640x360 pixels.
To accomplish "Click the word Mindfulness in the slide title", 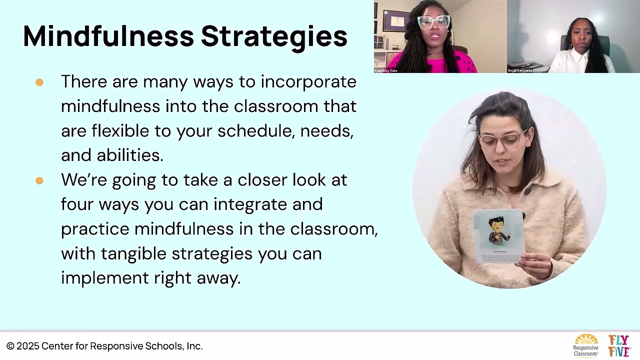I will click(108, 36).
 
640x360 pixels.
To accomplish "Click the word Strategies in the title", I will click(274, 36).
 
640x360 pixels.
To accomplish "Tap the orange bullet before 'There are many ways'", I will click(39, 82).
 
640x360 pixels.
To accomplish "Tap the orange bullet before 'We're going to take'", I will click(39, 180).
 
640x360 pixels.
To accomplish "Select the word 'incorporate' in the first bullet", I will click(308, 81).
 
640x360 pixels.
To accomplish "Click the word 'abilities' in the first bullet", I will click(130, 155).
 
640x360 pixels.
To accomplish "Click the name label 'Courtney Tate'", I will click(386, 71).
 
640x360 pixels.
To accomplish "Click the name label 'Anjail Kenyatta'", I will click(520, 71).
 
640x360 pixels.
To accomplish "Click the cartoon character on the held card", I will click(497, 230).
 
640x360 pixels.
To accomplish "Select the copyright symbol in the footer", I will click(10, 346).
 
